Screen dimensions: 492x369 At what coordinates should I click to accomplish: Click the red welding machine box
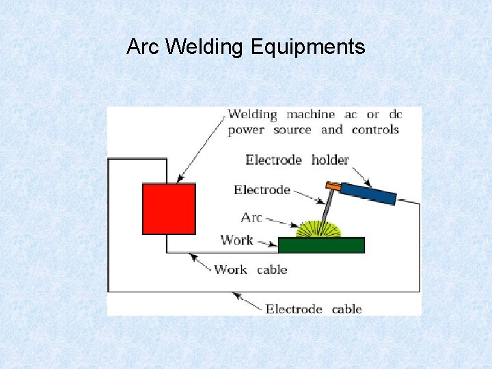169,208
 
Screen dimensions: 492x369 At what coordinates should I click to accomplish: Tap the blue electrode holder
368,193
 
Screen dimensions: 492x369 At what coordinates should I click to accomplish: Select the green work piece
321,245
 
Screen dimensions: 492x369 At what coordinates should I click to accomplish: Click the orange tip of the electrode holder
333,184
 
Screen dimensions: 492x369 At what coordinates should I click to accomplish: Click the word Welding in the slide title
204,47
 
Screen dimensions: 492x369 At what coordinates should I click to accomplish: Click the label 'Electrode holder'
297,160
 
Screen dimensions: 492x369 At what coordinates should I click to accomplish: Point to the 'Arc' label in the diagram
251,217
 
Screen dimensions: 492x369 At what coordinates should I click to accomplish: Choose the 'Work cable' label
250,269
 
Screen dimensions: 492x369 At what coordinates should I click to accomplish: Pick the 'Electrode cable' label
314,309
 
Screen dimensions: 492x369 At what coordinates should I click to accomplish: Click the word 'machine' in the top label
310,115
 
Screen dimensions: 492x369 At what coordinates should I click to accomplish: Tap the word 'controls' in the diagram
374,129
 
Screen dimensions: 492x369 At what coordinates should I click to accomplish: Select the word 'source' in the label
292,129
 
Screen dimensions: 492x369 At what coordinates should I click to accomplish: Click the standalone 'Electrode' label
262,189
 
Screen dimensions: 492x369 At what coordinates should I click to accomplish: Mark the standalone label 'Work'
236,240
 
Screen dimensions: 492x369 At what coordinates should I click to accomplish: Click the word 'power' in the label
246,129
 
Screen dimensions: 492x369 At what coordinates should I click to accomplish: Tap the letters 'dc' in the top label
396,115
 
